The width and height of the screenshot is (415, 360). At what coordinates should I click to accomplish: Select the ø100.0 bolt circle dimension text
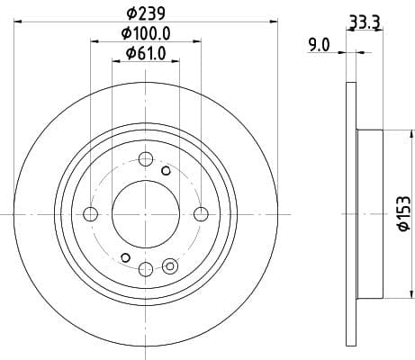tap(146, 34)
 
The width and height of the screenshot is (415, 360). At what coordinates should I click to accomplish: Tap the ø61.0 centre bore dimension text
tap(146, 54)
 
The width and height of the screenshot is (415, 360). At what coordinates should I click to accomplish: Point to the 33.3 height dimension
tap(364, 20)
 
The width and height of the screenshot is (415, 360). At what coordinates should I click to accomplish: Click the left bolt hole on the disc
tap(90, 213)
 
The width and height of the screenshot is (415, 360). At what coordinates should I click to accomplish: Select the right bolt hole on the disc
tap(201, 213)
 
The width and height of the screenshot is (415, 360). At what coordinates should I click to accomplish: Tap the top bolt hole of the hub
tap(146, 159)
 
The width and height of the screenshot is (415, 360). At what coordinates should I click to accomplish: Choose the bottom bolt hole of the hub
tap(146, 268)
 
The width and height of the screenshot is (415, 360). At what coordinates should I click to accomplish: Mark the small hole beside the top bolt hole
tap(166, 170)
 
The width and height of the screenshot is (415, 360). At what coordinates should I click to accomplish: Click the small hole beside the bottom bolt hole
tap(169, 265)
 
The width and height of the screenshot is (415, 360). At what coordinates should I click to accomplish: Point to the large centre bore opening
tap(145, 213)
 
